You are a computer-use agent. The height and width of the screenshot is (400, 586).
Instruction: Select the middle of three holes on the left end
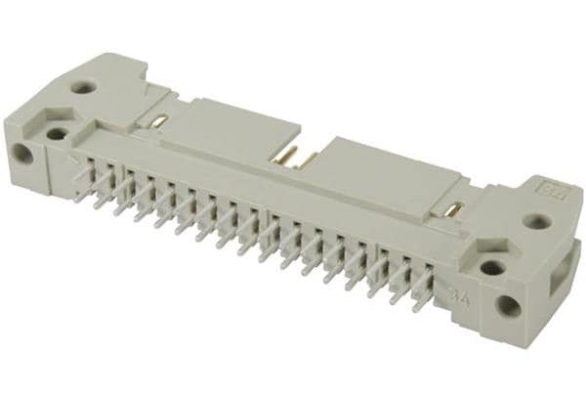(x=58, y=133)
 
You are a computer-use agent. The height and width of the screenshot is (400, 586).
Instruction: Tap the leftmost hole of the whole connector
(x=21, y=154)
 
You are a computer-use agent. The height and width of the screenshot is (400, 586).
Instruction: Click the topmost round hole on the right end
(x=533, y=221)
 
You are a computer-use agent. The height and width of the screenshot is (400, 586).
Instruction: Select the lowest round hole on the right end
(x=508, y=305)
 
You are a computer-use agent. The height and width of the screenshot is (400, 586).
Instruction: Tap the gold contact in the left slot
(x=159, y=121)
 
